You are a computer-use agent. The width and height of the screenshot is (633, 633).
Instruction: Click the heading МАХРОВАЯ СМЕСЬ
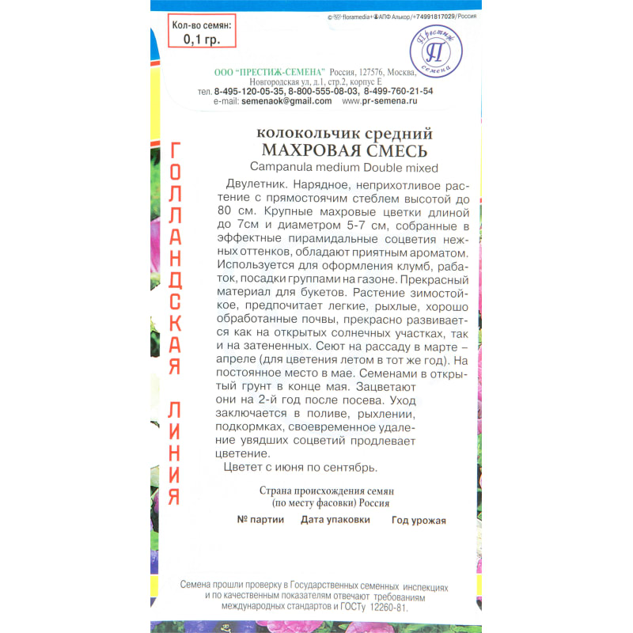point(344,151)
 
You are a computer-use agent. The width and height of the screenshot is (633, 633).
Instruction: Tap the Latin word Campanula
point(286,167)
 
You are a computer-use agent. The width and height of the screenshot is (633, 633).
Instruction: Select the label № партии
point(258,520)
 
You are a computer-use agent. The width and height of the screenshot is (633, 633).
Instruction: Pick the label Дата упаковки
point(335,520)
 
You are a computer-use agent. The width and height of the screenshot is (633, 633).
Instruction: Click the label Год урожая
point(419,521)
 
